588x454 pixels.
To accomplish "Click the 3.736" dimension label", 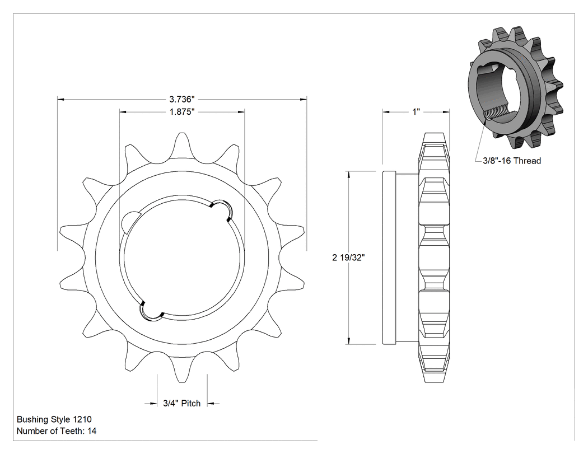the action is click(x=182, y=99).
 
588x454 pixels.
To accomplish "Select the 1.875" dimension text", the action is click(x=182, y=112).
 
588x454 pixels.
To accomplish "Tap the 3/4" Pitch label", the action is click(x=182, y=404).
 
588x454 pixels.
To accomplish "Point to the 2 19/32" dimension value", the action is click(x=348, y=258).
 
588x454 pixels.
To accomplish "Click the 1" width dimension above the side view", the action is click(x=416, y=112).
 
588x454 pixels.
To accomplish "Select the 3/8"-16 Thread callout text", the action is click(x=512, y=161).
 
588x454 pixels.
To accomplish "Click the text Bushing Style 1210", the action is click(x=54, y=419).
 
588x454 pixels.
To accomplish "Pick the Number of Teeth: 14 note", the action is click(x=56, y=431).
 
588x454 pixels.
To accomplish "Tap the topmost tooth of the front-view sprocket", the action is click(x=182, y=146).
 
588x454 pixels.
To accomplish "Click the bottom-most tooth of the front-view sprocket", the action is click(x=182, y=369).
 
